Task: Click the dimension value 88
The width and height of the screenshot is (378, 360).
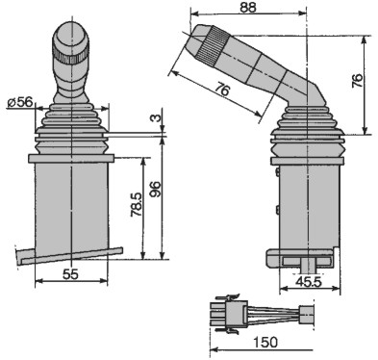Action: [x=248, y=8]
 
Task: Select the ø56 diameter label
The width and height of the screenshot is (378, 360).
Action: [x=20, y=102]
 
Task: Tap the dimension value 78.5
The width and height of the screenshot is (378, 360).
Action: [x=137, y=205]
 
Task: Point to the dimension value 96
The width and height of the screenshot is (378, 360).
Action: [x=156, y=191]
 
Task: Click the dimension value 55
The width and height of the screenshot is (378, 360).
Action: [x=70, y=274]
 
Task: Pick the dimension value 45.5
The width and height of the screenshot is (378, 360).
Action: [x=309, y=282]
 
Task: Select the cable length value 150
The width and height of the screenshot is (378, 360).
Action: [x=265, y=342]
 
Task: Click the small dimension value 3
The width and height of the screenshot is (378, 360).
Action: [x=156, y=118]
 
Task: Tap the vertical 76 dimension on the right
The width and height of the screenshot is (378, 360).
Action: [x=357, y=81]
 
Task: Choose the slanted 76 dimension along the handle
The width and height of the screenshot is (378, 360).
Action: [x=222, y=89]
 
